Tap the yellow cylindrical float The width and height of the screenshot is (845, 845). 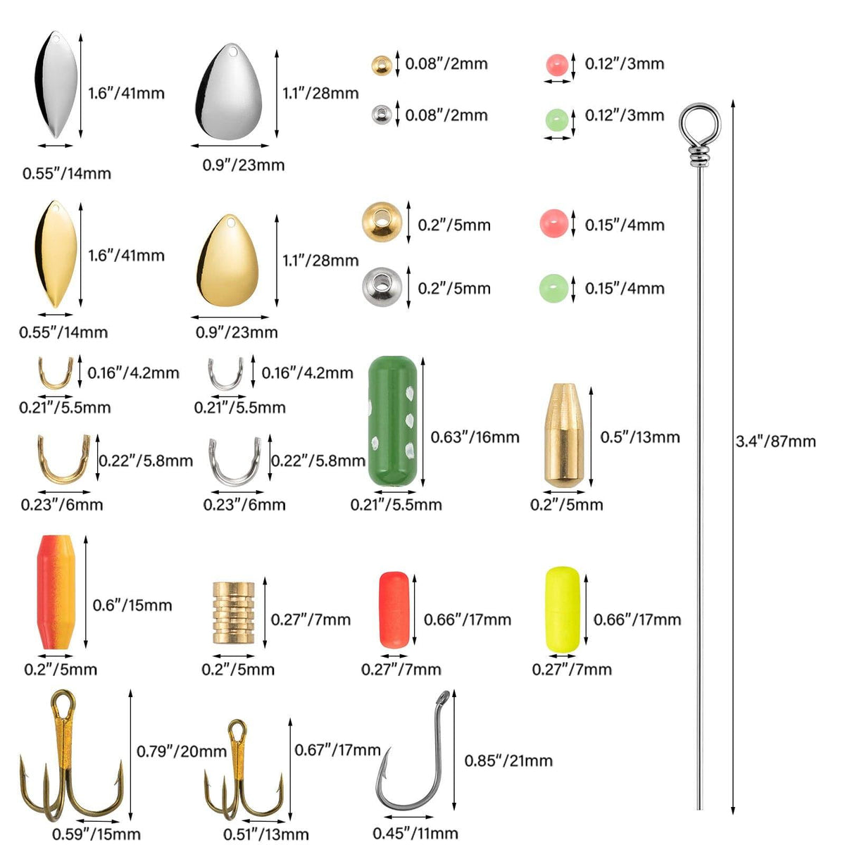tap(563, 608)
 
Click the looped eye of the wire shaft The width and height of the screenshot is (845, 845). tap(699, 125)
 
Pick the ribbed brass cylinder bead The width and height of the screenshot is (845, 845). tap(234, 612)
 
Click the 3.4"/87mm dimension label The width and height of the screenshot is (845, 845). tap(775, 442)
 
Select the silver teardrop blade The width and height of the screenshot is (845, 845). tap(231, 93)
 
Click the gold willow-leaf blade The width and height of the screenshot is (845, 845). tap(55, 254)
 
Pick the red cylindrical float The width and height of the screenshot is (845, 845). tap(394, 609)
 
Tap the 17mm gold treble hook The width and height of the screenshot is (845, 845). tap(240, 775)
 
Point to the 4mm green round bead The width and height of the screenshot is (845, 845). tap(553, 287)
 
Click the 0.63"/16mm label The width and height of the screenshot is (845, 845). tap(475, 437)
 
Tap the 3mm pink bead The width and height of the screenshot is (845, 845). tap(556, 65)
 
